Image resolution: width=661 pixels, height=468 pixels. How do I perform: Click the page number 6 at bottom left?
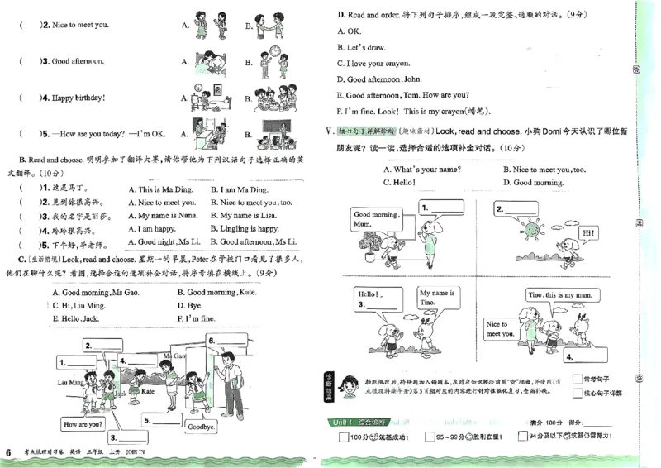(8, 451)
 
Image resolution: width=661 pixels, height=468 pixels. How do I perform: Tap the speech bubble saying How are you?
(83, 424)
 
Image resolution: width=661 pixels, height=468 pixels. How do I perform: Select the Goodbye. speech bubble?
(201, 427)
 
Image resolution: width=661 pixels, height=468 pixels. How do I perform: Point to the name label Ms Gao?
(174, 356)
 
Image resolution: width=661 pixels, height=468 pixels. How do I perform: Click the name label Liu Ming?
(70, 382)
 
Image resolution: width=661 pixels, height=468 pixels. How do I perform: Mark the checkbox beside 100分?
(344, 437)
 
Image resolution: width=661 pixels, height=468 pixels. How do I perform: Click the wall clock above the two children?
(275, 51)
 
